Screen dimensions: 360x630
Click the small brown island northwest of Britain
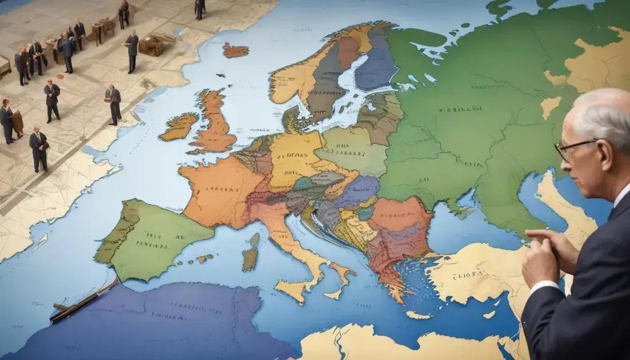(235, 50)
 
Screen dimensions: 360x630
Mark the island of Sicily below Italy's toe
(297, 289)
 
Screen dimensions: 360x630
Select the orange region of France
(217, 189)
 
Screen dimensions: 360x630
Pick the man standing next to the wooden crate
(132, 50)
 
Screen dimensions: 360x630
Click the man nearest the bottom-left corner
(39, 149)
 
